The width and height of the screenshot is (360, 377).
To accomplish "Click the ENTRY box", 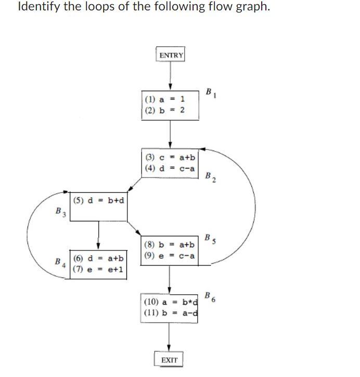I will click(x=171, y=55).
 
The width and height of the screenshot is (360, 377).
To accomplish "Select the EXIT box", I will click(x=169, y=360).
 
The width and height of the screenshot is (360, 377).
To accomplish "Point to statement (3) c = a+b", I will click(x=170, y=157).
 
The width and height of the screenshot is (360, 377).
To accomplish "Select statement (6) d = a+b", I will click(x=99, y=258).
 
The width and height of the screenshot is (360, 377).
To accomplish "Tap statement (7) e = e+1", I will click(x=99, y=269).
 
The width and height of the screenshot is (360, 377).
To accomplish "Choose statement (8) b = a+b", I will click(x=170, y=244).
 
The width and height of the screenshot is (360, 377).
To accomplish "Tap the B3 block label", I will click(x=60, y=212).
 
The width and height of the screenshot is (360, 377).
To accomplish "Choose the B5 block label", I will click(x=210, y=239).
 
